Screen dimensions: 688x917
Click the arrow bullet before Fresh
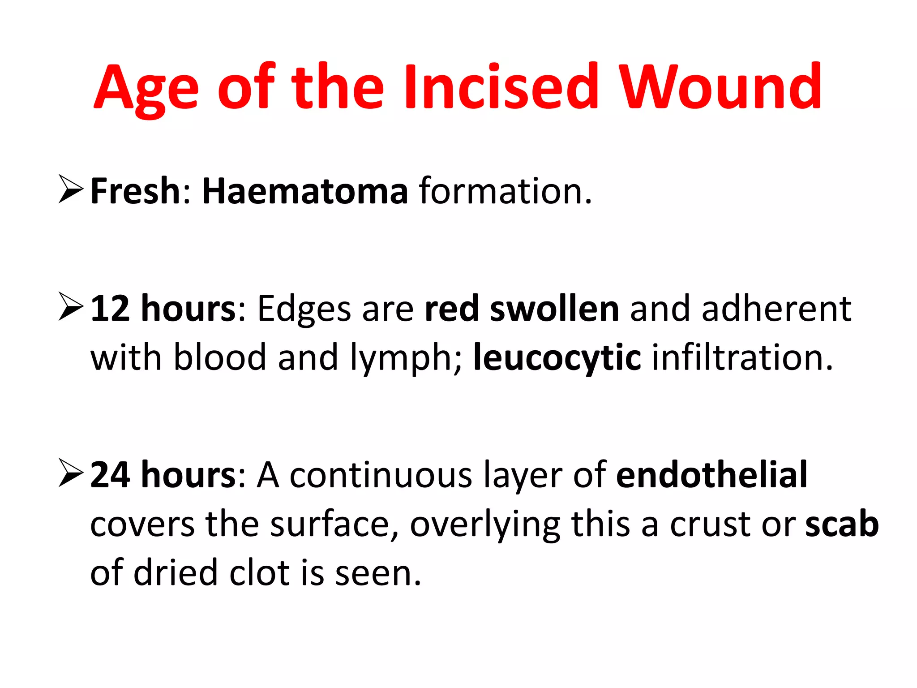tap(71, 190)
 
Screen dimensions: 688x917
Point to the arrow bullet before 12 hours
tap(71, 308)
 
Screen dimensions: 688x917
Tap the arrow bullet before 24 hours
tap(71, 474)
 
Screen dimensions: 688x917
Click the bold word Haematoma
tap(305, 191)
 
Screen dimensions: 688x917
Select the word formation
tap(505, 191)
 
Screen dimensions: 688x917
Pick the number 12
tap(110, 309)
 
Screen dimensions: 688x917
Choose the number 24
tap(110, 475)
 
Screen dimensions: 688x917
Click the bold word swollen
tap(554, 309)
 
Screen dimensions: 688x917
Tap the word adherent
tap(776, 309)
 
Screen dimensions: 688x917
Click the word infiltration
tap(742, 358)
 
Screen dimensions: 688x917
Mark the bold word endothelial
tap(711, 474)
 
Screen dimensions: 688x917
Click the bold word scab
tap(842, 524)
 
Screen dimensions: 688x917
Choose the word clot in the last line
tap(259, 573)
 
